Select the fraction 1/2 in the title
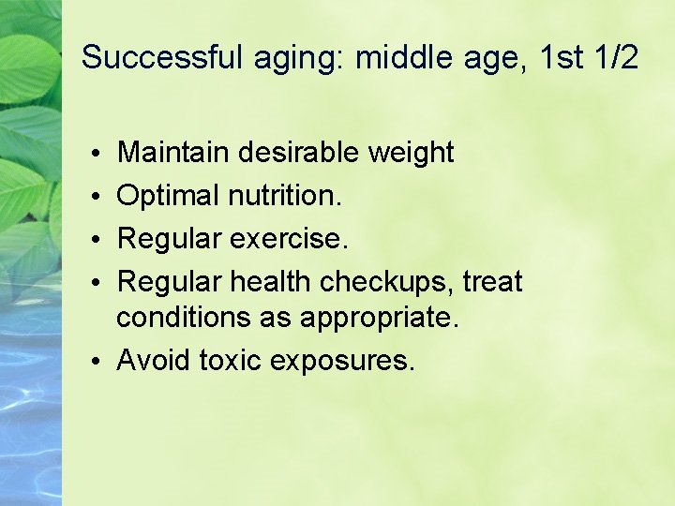615,58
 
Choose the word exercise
289,239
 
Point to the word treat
492,281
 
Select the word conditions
180,318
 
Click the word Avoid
154,360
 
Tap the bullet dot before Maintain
98,154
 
